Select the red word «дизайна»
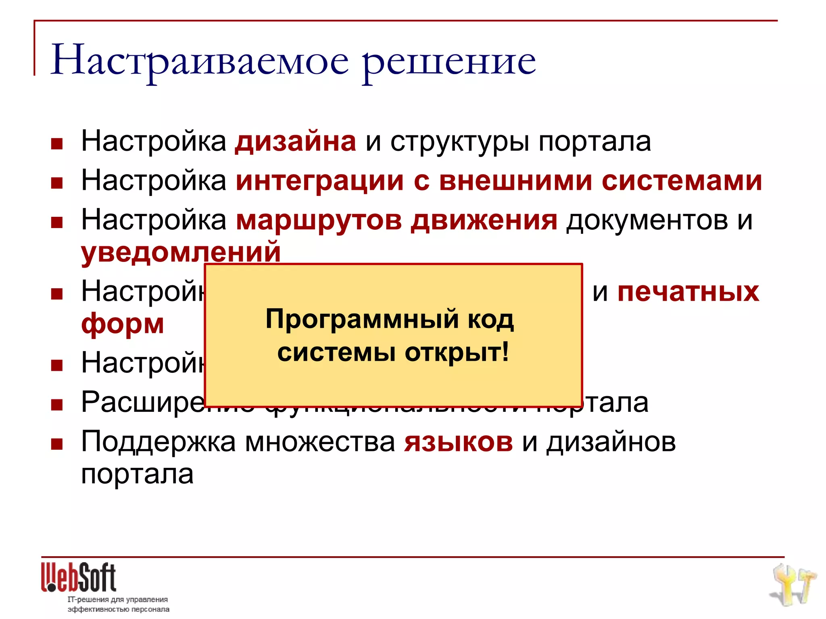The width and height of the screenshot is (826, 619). point(296,142)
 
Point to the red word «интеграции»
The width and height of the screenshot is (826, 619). point(320,181)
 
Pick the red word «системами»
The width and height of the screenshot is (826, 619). point(682,181)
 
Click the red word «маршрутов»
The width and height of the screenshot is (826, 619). point(319,220)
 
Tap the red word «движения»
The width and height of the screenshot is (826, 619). point(484,220)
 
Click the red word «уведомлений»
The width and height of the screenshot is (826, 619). point(181,252)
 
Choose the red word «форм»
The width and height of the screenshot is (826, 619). point(123,323)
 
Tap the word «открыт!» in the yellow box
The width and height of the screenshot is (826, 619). point(457,353)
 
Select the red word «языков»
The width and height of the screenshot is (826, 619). point(459,442)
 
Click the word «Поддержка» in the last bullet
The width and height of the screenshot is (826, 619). point(158,442)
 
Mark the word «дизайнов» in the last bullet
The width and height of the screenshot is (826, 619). point(611,442)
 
